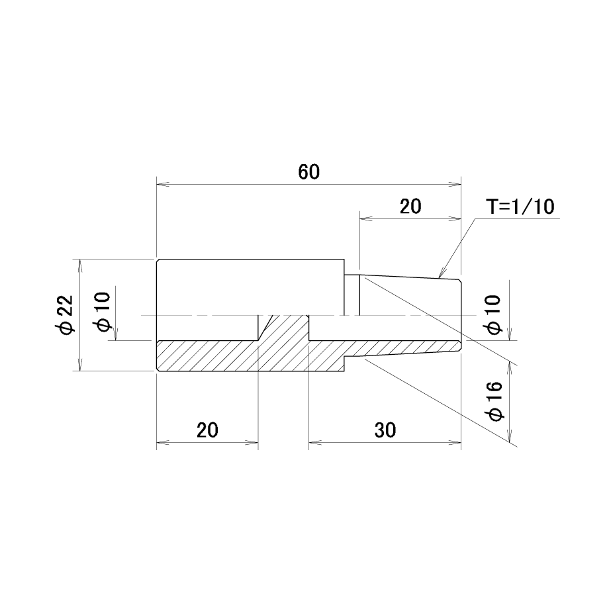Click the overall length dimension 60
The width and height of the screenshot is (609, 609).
coord(308,172)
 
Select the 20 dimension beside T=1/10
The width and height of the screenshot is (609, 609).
coord(410,207)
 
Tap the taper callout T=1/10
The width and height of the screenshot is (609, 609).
coord(520,207)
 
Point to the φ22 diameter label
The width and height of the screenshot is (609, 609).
coord(64,314)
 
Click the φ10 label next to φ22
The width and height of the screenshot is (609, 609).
coord(103,312)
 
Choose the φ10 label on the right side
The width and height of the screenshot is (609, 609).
coord(493,314)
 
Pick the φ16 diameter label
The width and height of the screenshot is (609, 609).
coord(495,401)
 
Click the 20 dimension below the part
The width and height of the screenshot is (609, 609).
coord(207,430)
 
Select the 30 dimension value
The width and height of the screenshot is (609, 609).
coord(385,430)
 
